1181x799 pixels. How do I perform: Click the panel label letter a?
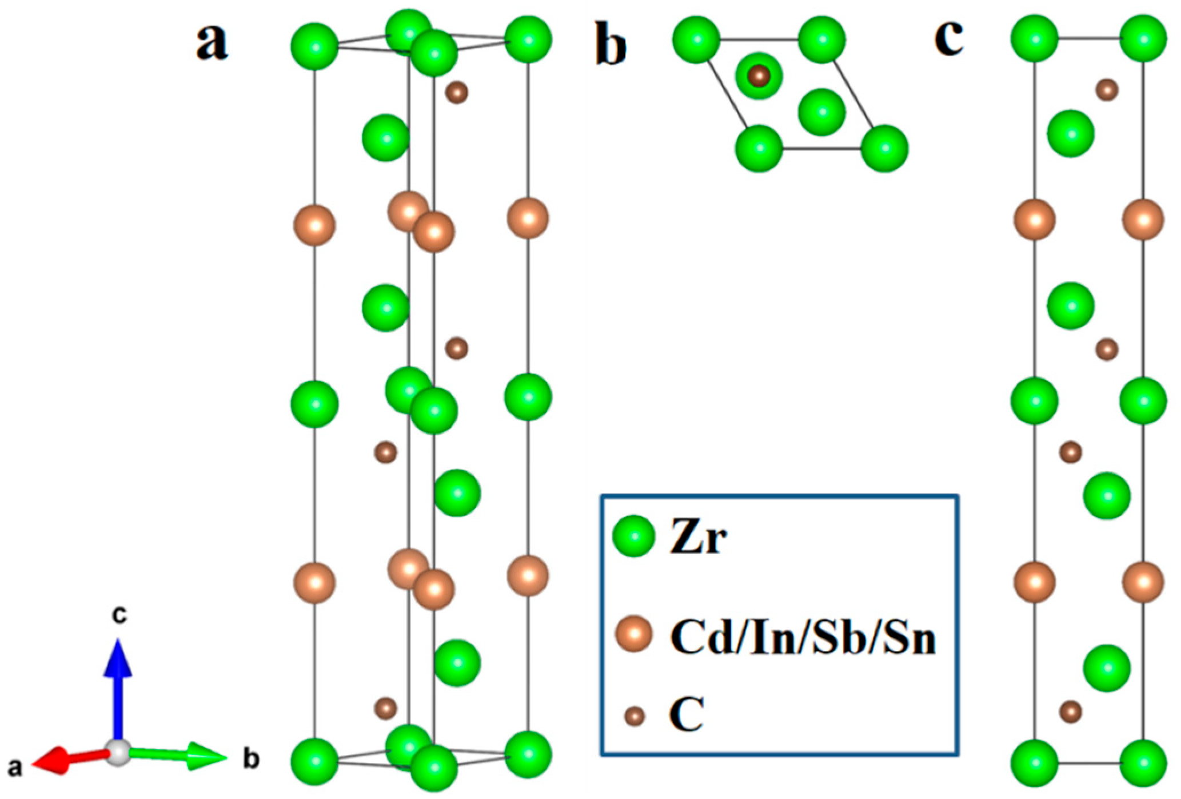(212, 43)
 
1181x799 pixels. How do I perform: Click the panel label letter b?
(611, 45)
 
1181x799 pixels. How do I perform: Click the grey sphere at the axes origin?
(118, 753)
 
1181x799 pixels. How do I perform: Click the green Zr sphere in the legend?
(633, 536)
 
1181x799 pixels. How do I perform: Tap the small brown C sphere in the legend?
(634, 716)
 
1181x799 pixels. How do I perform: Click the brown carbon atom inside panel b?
(759, 75)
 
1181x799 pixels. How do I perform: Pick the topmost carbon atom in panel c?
(1107, 90)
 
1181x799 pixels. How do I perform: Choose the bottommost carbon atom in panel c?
(1071, 712)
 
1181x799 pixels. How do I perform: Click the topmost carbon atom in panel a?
(457, 92)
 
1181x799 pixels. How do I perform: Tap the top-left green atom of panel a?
(314, 46)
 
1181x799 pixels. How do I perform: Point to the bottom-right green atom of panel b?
(884, 148)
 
